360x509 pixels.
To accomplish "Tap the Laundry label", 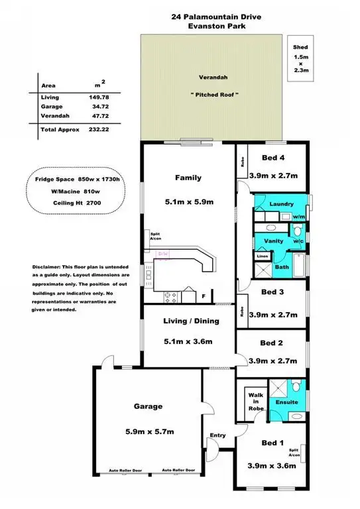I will click(x=280, y=205).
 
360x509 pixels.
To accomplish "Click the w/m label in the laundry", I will click(x=298, y=217).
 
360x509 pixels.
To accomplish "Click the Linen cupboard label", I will click(x=262, y=256).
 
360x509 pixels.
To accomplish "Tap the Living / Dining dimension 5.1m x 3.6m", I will click(x=188, y=342).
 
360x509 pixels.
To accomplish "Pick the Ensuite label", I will click(x=286, y=402).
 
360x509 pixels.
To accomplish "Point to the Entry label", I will click(x=217, y=435).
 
